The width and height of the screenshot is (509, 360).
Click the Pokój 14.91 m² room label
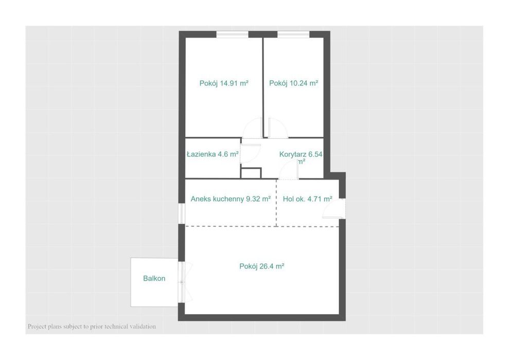point(224,83)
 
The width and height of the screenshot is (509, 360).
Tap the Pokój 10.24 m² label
point(293,83)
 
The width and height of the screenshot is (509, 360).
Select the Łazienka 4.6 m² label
point(213,154)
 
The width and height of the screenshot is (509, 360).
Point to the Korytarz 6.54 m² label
point(301,157)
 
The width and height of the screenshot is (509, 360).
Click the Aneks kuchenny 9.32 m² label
point(231,199)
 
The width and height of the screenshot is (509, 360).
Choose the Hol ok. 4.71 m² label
point(307,199)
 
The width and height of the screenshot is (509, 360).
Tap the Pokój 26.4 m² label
point(262,266)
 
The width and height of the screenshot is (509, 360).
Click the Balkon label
point(154,278)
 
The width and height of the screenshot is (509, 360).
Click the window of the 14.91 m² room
point(233,34)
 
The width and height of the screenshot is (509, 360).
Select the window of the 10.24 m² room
point(293,34)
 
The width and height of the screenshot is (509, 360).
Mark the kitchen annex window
point(182,214)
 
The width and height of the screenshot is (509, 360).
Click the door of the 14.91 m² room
point(254,128)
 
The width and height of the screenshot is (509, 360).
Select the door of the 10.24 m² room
point(277,128)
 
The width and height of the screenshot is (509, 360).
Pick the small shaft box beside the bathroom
point(251,172)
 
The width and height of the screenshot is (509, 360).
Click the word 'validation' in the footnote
point(143,326)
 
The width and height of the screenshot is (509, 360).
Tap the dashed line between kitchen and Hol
point(276,203)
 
